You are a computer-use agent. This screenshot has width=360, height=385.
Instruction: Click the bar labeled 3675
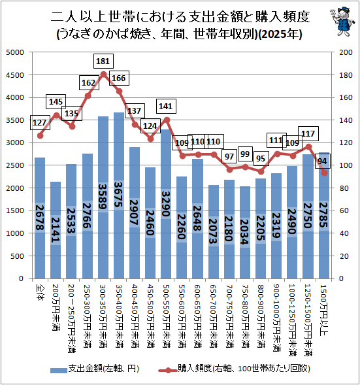(x=119, y=195)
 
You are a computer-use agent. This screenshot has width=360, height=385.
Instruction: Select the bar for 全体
(x=40, y=218)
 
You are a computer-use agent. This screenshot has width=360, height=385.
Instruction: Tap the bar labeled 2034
(x=244, y=233)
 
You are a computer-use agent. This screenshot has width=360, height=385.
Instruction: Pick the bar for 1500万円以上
(x=323, y=216)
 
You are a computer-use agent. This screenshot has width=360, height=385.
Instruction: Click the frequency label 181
(x=103, y=61)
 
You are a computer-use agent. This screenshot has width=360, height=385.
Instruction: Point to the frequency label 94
(x=322, y=161)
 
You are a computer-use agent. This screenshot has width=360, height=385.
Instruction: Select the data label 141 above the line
(x=166, y=107)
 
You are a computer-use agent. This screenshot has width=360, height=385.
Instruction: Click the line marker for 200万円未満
(x=57, y=116)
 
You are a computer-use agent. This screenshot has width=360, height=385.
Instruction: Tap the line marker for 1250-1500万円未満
(x=309, y=147)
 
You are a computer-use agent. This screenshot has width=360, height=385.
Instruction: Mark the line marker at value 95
(x=261, y=171)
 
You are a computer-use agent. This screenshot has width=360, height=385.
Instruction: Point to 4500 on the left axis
(x=15, y=75)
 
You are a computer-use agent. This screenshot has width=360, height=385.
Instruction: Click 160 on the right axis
(x=346, y=98)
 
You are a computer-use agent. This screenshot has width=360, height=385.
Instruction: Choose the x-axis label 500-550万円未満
(x=166, y=316)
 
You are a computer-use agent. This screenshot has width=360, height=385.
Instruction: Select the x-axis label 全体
(x=40, y=292)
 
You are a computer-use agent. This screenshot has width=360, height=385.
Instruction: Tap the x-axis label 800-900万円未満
(x=261, y=316)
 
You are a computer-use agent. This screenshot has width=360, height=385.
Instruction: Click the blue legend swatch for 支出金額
(x=59, y=370)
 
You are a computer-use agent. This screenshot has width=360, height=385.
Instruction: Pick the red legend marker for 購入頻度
(x=168, y=370)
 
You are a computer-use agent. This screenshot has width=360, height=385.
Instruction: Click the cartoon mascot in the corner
(x=342, y=22)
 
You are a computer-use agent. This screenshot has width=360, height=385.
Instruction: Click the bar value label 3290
(x=166, y=204)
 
